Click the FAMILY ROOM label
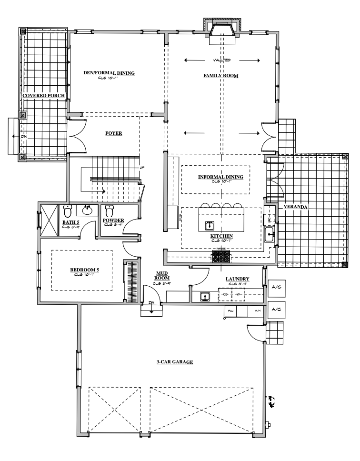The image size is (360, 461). coord(220,76)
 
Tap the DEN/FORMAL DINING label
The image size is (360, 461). coord(110,73)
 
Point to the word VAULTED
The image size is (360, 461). coord(221,60)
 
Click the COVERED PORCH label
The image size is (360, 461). coord(44,95)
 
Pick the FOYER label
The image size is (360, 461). coord(114,133)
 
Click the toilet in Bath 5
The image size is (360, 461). coord(67,210)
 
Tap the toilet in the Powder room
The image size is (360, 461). coord(109,210)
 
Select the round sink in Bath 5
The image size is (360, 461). coord(88,210)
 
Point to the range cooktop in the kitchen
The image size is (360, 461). coord(221,258)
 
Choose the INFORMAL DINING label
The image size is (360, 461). coord(220,177)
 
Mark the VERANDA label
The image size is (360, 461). coord(295,207)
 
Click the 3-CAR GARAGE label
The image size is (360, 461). coord(174,362)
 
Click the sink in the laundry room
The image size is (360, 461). coord(204,297)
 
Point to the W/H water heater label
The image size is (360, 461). coord(257,311)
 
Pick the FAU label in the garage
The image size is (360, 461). coord(230,311)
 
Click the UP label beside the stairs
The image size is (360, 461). coord(141,168)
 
